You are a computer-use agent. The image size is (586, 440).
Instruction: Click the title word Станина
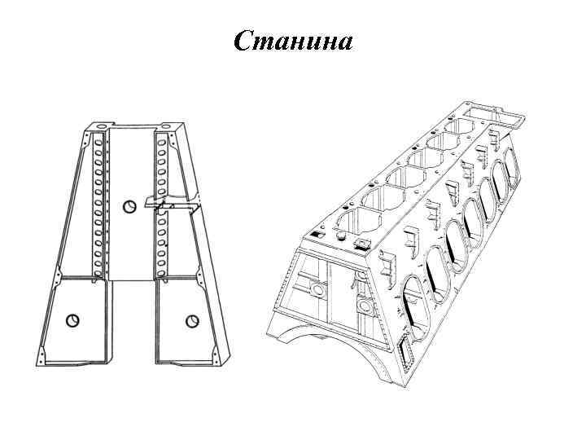pos(293,40)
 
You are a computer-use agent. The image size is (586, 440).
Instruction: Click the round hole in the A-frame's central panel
pos(128,206)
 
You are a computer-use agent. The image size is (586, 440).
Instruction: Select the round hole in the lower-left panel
pos(72,320)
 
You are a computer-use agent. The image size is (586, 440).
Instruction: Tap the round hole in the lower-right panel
pos(191,320)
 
